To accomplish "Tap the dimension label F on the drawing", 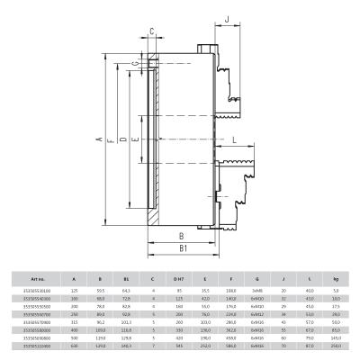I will [108, 141].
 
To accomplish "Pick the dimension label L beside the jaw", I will [234, 140].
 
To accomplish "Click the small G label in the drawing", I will [135, 64].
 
